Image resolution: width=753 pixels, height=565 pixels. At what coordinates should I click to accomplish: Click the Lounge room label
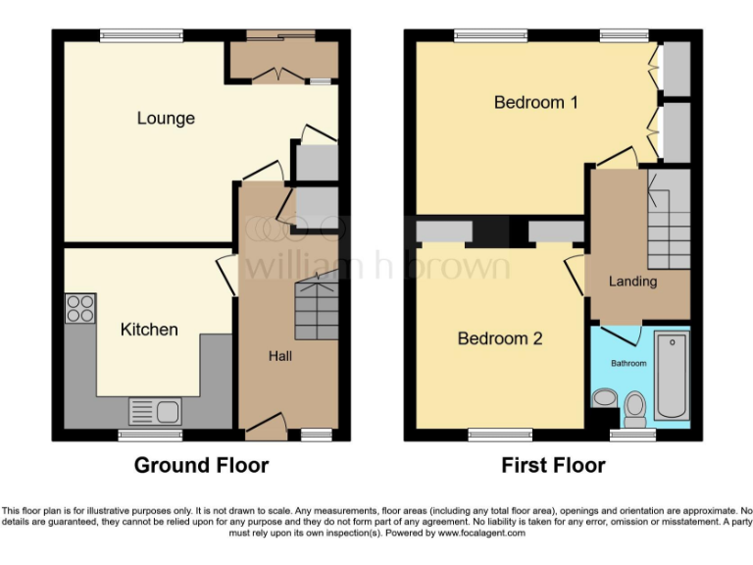[166, 119]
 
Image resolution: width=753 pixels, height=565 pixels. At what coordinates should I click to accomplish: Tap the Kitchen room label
[149, 330]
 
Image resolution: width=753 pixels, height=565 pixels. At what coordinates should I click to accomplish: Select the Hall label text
[280, 356]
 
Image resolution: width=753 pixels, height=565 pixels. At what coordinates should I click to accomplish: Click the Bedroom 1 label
[535, 102]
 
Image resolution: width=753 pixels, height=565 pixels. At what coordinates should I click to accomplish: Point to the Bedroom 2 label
[500, 338]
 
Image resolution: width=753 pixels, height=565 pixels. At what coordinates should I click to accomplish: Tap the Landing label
[632, 282]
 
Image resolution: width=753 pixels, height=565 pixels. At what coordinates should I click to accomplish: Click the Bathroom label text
[629, 364]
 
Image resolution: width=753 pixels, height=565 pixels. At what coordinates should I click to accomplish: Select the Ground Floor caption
[201, 465]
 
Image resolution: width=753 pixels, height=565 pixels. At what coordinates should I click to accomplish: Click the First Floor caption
[553, 465]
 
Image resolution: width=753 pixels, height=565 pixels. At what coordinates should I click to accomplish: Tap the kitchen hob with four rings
[80, 309]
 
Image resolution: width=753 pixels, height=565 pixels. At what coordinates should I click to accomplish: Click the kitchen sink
[155, 410]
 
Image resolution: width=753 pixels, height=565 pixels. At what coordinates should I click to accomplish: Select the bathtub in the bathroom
[672, 375]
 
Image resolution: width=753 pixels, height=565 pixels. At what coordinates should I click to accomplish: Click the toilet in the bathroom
[635, 404]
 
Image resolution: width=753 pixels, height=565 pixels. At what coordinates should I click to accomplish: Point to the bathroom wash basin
[602, 399]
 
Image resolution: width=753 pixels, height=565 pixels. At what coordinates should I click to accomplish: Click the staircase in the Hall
[316, 305]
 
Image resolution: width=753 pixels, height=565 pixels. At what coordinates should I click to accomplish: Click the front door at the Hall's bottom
[266, 423]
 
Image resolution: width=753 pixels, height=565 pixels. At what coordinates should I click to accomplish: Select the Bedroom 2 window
[499, 433]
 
